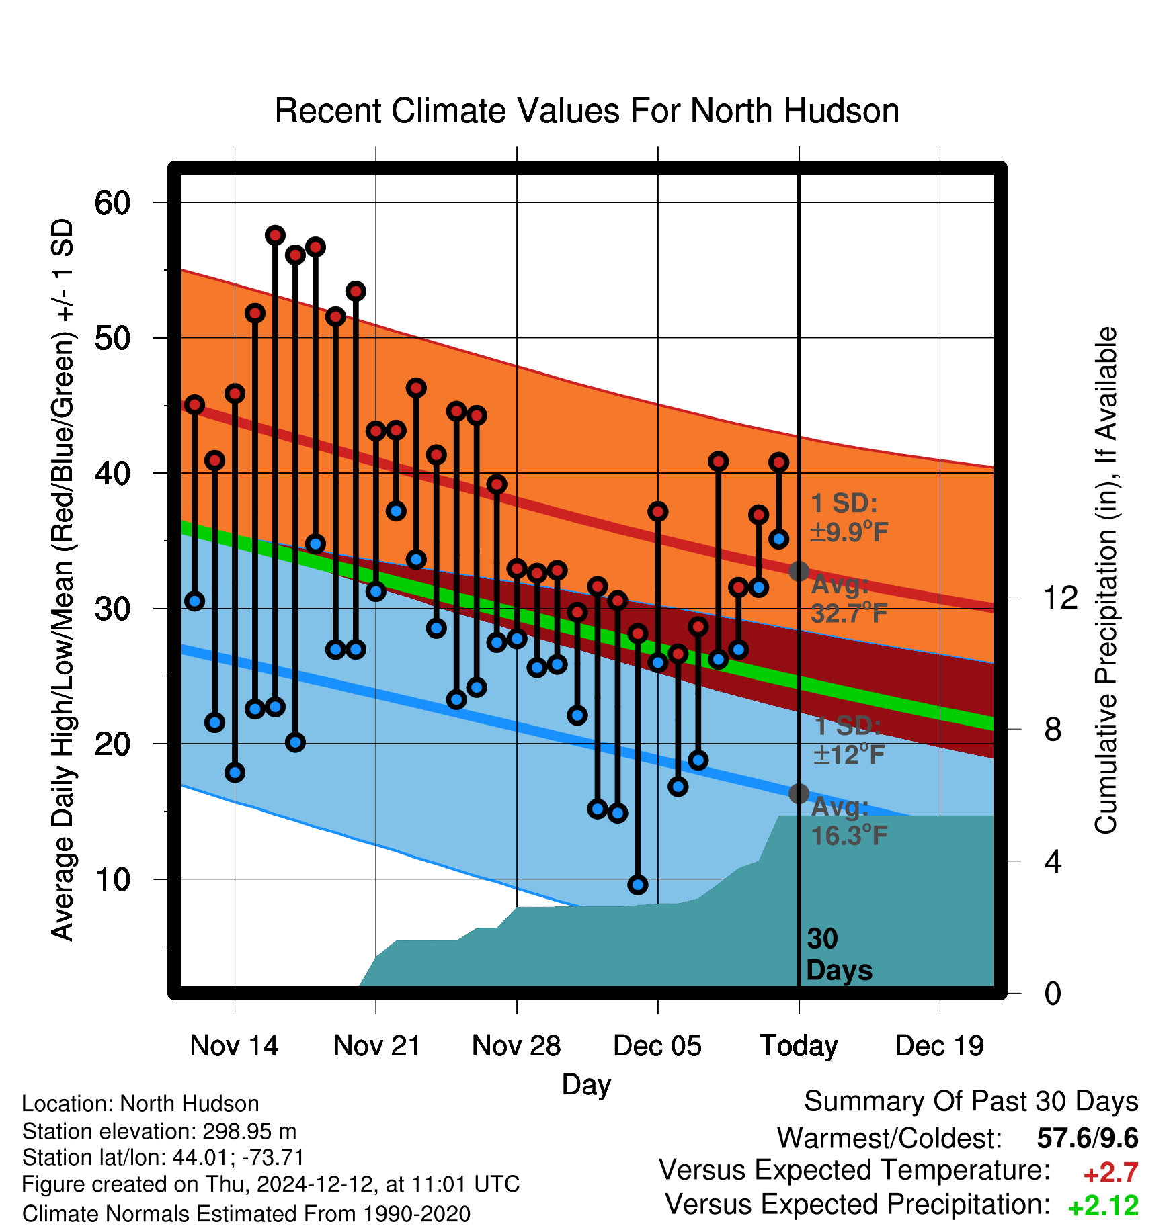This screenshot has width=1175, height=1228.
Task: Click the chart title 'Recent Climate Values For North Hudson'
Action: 587,111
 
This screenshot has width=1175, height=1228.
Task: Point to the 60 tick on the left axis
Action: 112,202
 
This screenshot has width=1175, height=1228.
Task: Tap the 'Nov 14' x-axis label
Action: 234,1045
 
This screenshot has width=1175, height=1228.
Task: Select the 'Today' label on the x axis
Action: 799,1047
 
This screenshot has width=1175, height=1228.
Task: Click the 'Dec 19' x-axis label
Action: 939,1045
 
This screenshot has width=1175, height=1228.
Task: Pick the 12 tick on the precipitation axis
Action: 1060,597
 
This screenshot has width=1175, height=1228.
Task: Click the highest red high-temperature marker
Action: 275,235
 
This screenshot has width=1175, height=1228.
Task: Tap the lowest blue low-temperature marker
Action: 638,885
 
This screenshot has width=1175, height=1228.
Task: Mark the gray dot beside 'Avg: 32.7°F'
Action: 799,571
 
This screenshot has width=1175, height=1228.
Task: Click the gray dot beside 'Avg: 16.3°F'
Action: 799,793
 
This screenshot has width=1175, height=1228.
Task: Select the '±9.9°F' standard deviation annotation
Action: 850,532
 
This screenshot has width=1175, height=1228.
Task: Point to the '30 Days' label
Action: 839,955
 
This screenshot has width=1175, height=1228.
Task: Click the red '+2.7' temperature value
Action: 1110,1173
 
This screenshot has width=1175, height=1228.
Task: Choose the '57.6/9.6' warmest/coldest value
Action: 1088,1138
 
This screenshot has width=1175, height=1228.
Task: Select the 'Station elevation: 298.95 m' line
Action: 159,1131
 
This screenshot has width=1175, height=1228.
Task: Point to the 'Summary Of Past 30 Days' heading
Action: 971,1102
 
